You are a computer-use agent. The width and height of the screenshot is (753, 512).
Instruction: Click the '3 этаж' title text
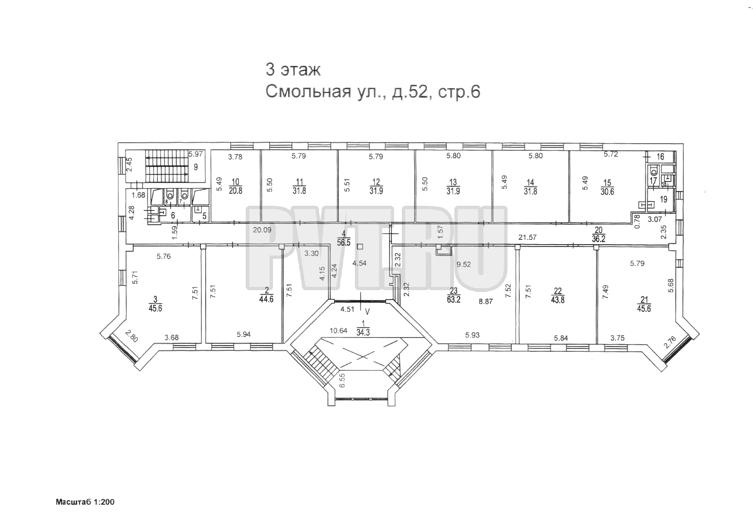(293, 70)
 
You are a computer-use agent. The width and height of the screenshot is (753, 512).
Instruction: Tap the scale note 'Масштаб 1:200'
(85, 502)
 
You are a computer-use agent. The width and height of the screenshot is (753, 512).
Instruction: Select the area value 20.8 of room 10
(236, 191)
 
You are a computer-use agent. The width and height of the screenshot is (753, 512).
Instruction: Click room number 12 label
(376, 182)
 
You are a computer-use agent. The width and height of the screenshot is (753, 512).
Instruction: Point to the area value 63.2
(454, 300)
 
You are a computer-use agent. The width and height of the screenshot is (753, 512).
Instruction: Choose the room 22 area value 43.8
(558, 300)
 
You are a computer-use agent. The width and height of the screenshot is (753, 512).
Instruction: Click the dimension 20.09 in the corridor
(262, 230)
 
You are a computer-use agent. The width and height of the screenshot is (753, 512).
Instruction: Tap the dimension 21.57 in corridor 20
(527, 238)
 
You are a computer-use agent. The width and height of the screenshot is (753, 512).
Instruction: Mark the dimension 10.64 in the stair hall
(338, 331)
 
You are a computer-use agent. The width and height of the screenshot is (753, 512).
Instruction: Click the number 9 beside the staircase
(196, 167)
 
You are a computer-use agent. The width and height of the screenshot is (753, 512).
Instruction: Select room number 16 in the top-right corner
(661, 156)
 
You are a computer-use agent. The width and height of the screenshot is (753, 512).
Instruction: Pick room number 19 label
(663, 200)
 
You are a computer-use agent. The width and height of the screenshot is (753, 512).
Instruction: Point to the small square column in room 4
(360, 247)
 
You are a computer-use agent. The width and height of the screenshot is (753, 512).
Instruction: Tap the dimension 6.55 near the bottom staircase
(342, 381)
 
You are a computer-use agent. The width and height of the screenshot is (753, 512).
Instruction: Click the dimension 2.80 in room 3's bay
(131, 336)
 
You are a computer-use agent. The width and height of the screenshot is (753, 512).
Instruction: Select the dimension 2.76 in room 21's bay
(670, 343)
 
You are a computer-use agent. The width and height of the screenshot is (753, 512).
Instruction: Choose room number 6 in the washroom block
(173, 216)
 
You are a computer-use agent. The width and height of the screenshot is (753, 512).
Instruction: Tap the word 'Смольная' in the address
(308, 91)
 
